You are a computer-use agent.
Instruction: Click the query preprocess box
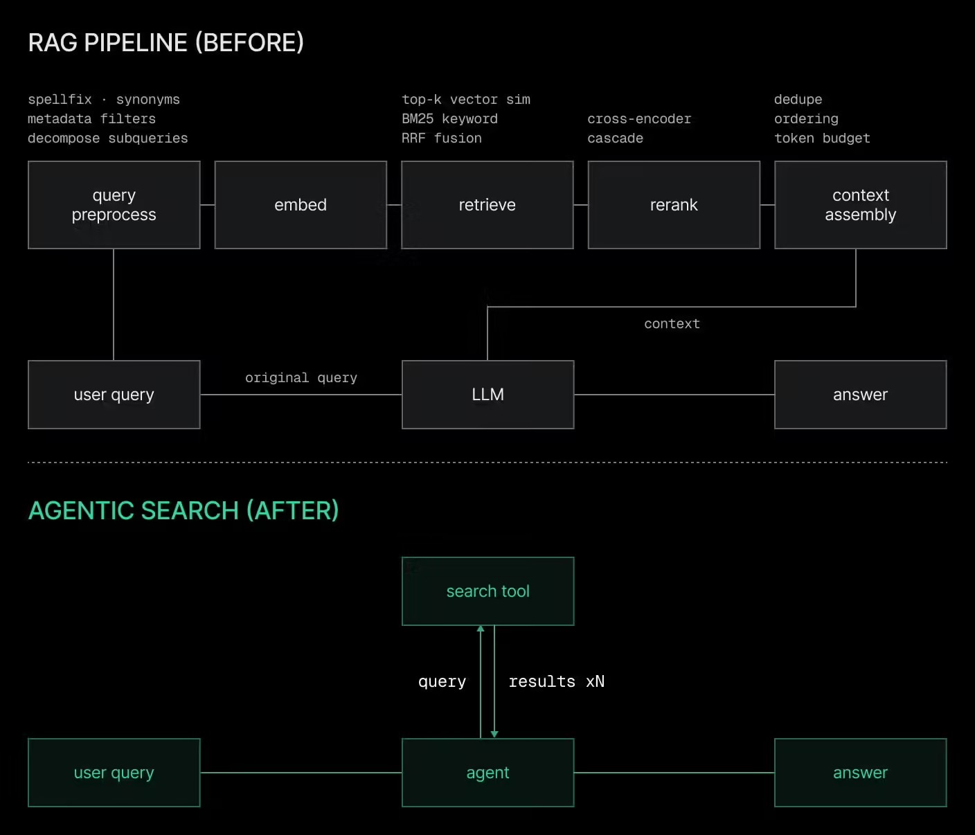[114, 205]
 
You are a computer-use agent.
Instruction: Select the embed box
[301, 205]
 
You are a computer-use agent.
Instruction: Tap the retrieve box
[487, 205]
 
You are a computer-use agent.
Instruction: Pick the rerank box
[674, 205]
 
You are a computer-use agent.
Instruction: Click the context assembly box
[860, 205]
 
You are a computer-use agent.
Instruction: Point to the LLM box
[487, 395]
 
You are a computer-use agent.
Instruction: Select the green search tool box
[487, 591]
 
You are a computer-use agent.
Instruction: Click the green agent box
[487, 773]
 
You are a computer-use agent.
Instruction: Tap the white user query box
[114, 395]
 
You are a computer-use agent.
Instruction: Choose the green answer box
[860, 773]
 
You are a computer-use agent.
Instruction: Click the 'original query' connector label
[301, 378]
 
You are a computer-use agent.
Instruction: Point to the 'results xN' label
[557, 682]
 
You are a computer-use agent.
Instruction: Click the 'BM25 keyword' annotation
[449, 119]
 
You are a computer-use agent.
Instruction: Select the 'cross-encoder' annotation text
[639, 119]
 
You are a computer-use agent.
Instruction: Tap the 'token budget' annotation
[822, 138]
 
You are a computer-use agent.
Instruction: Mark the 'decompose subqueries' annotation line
[107, 138]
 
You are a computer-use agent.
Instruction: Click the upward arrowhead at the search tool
[481, 629]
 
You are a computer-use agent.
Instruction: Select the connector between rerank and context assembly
[767, 205]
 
